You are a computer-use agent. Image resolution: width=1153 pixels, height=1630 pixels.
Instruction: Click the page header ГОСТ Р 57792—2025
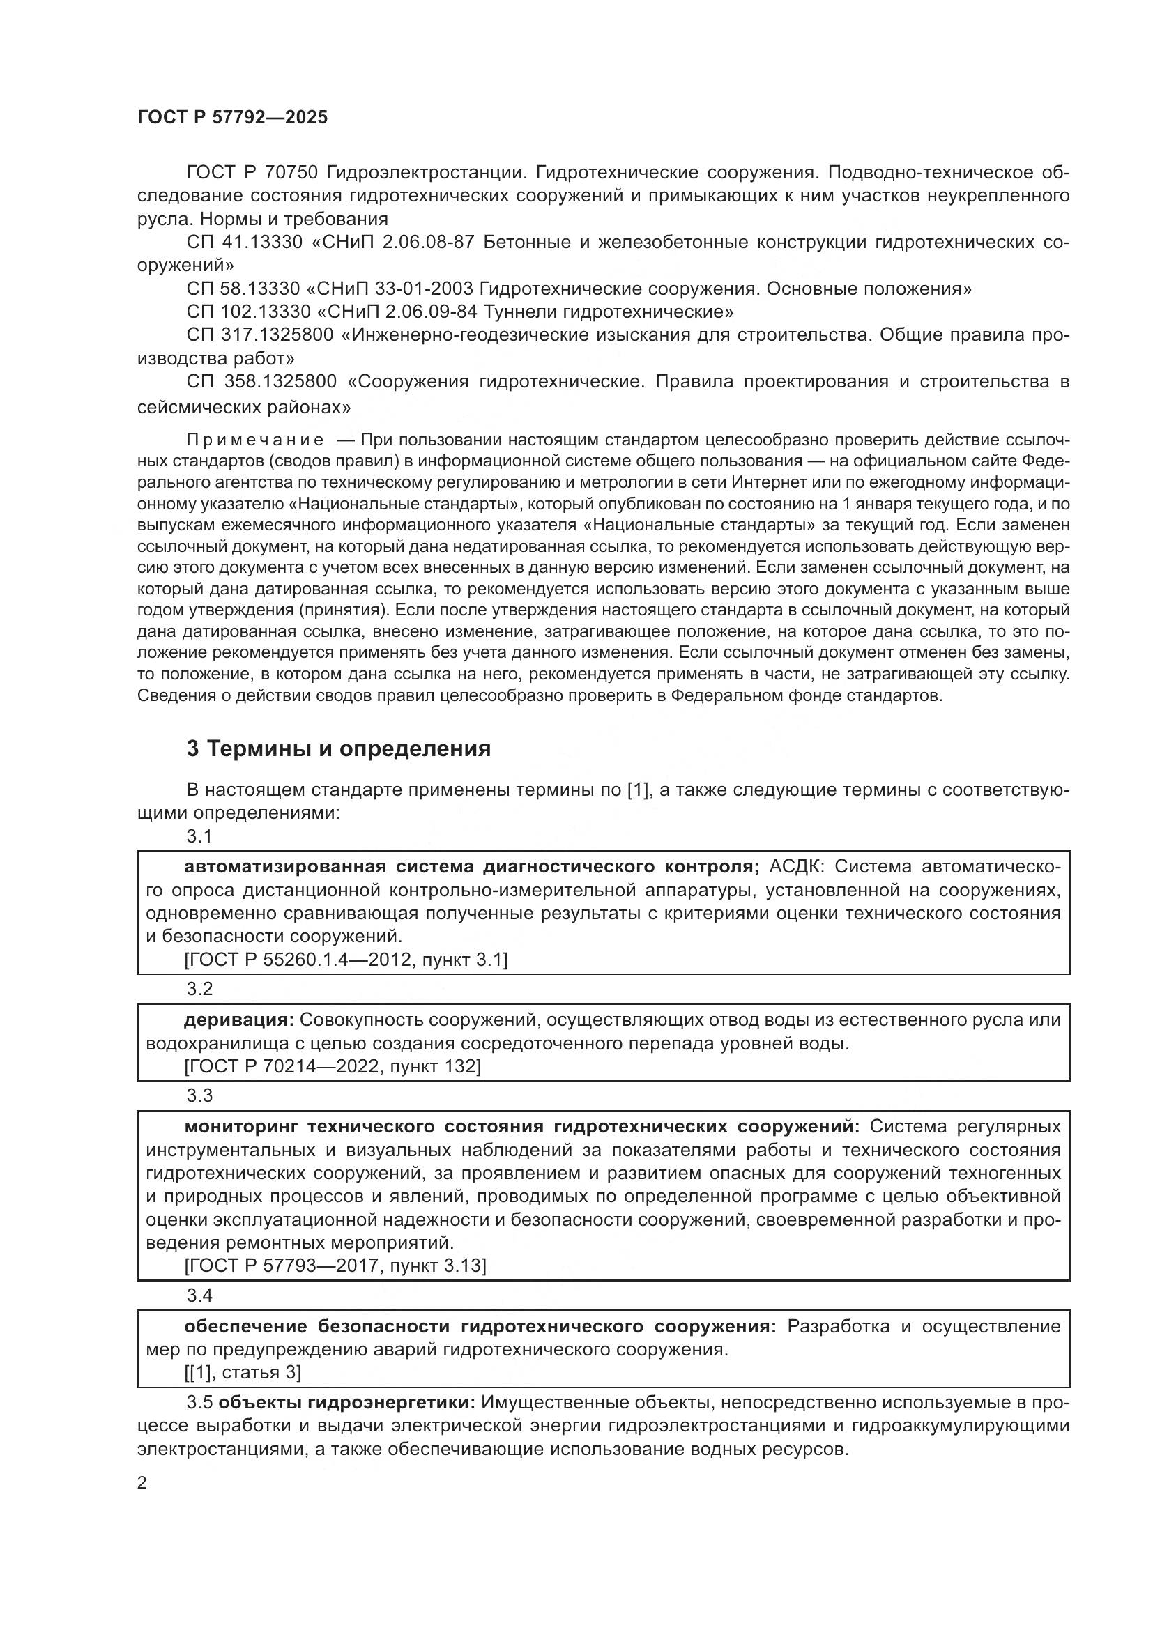(232, 118)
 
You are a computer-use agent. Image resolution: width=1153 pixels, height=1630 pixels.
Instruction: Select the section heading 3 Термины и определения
(339, 749)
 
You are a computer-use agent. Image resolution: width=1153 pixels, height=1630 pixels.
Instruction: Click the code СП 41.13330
(244, 242)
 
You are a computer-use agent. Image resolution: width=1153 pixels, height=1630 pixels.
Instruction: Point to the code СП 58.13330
(244, 289)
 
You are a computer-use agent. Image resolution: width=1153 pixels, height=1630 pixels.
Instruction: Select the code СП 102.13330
(248, 312)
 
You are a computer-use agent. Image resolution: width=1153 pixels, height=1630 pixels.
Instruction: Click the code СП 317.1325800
(260, 335)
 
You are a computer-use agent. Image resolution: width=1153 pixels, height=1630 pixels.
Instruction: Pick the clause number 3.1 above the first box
(199, 836)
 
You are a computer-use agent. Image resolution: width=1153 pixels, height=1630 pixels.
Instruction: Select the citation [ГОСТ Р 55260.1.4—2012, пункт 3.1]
(345, 960)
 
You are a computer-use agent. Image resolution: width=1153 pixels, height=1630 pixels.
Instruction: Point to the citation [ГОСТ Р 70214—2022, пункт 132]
(332, 1066)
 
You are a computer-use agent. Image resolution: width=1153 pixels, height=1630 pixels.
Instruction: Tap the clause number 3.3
(199, 1095)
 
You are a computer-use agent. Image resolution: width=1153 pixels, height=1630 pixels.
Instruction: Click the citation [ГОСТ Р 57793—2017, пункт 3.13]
(335, 1266)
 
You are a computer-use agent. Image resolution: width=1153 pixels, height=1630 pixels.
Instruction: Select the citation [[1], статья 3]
(243, 1372)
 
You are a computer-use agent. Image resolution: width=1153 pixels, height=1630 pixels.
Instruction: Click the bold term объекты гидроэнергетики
(346, 1403)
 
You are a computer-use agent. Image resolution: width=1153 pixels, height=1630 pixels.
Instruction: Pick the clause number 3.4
(199, 1295)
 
